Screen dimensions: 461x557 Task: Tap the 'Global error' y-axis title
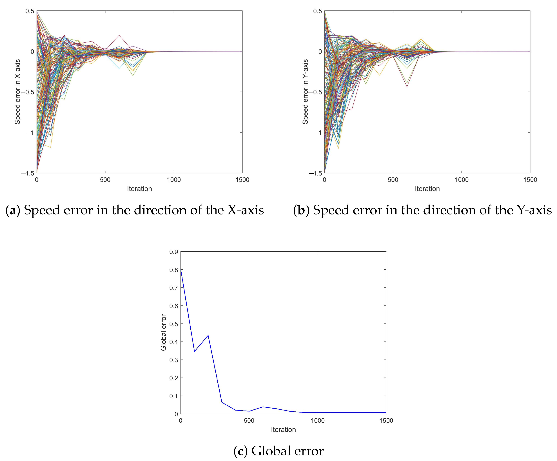click(163, 332)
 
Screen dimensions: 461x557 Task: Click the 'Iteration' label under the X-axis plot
click(139, 189)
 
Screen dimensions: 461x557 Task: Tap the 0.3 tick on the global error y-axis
click(173, 360)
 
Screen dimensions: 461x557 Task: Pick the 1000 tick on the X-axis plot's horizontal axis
click(174, 180)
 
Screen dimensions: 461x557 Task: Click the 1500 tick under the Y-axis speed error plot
click(530, 180)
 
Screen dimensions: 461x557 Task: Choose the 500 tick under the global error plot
click(249, 420)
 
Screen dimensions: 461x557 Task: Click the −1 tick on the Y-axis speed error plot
click(318, 133)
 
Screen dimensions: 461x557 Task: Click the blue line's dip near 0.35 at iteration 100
click(194, 351)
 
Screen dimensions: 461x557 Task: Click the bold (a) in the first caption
click(13, 210)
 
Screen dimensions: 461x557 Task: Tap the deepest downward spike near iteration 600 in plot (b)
click(407, 87)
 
